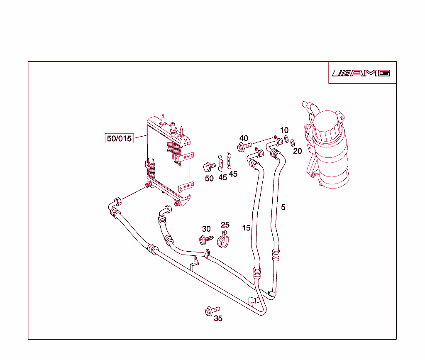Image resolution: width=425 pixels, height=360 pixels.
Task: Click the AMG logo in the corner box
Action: [361, 73]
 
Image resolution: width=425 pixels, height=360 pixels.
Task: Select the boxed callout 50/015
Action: [119, 138]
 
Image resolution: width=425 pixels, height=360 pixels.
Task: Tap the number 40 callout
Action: [244, 138]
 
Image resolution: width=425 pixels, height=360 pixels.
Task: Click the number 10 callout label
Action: [284, 130]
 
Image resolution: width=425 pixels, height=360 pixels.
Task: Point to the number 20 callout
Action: [298, 151]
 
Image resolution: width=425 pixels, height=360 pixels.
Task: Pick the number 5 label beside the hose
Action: [283, 207]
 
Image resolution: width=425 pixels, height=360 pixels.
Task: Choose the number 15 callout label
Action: [247, 228]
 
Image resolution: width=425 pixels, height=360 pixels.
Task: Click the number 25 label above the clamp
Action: [225, 225]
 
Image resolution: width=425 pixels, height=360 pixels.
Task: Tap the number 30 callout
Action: [206, 229]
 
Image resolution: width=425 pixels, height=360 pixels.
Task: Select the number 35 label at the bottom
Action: [218, 318]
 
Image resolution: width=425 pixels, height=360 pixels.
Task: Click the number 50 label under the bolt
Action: [209, 179]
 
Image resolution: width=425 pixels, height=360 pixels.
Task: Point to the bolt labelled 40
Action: [244, 147]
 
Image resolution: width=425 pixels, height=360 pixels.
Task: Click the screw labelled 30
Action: [206, 239]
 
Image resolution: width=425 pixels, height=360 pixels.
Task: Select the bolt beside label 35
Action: [212, 311]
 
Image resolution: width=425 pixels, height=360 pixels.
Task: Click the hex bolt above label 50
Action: [209, 167]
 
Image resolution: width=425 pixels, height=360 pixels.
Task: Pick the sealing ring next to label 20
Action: [293, 143]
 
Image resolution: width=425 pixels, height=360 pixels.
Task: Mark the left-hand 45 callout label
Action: [222, 177]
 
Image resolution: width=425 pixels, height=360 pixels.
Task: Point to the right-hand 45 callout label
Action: [233, 174]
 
